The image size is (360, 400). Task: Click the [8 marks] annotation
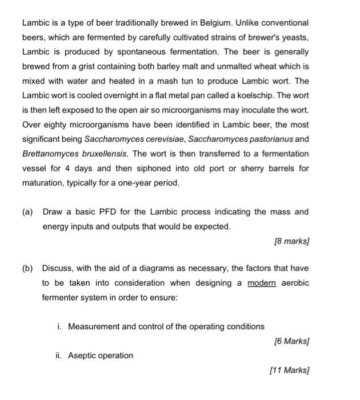click(291, 241)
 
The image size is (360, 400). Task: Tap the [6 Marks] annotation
click(291, 341)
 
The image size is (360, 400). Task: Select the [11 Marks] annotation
click(289, 370)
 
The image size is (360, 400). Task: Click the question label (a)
click(27, 212)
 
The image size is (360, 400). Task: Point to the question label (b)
click(27, 268)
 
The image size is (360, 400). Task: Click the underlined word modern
click(261, 283)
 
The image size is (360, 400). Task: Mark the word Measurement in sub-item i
click(93, 326)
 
